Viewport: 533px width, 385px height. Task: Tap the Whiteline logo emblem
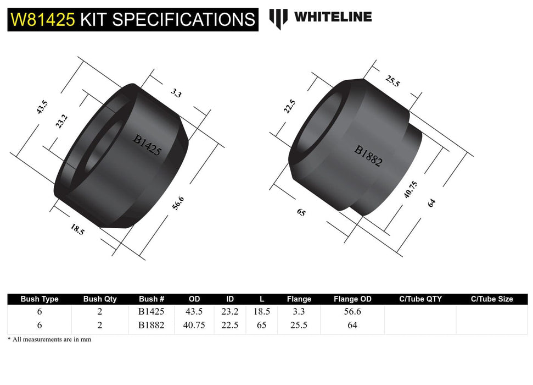(x=278, y=19)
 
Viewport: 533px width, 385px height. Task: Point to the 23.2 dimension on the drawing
(x=61, y=121)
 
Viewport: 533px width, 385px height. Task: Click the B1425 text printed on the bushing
(x=147, y=145)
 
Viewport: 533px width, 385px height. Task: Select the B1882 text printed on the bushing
(x=368, y=156)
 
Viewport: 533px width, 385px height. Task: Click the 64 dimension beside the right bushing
(x=431, y=202)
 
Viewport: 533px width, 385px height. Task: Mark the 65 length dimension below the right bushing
(x=301, y=211)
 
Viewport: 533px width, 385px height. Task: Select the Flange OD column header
(x=352, y=299)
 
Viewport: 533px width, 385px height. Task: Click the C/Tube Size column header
(x=492, y=299)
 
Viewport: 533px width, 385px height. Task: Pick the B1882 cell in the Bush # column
(x=152, y=325)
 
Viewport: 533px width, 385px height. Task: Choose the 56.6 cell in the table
(x=352, y=311)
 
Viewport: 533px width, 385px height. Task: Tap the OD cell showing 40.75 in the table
(x=194, y=325)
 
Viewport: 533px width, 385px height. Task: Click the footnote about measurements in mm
(x=49, y=339)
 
